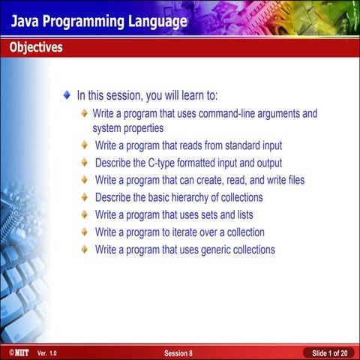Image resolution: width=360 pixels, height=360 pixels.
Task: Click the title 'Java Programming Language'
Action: click(98, 21)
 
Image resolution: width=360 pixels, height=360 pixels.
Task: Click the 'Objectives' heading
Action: click(36, 48)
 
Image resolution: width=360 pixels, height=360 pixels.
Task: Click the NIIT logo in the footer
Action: click(14, 352)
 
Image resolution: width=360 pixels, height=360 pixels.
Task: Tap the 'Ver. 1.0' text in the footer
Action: click(46, 352)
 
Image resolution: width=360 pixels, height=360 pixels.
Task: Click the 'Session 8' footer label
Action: click(178, 352)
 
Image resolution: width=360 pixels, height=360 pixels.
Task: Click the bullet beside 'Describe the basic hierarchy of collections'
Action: click(85, 197)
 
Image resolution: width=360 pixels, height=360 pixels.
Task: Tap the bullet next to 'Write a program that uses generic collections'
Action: click(85, 250)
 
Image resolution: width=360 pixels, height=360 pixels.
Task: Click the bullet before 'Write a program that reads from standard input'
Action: click(85, 145)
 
